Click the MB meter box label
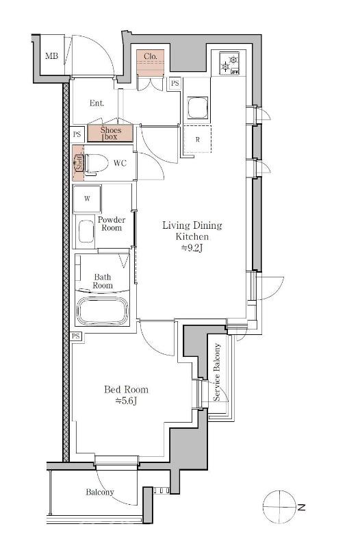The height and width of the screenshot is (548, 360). tap(52, 55)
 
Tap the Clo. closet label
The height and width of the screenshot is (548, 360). tap(150, 56)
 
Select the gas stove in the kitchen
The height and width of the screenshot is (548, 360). tap(230, 63)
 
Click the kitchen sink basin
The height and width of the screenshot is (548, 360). tap(198, 108)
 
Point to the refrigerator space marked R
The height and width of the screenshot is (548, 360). tap(198, 139)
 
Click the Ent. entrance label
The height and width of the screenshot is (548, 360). tap(97, 103)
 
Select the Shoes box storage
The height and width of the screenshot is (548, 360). tap(110, 133)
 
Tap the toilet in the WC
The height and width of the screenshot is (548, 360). tap(96, 163)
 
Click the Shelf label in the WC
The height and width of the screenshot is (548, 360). tap(79, 163)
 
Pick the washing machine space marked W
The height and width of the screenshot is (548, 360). tap(87, 199)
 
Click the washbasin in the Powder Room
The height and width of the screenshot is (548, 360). tap(86, 231)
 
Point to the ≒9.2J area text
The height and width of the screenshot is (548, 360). tap(192, 248)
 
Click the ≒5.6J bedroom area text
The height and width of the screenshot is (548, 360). tap(126, 401)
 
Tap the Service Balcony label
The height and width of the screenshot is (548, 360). tap(217, 372)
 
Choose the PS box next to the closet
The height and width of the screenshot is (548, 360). tap(175, 84)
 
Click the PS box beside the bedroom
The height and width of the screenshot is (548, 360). tap(76, 336)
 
